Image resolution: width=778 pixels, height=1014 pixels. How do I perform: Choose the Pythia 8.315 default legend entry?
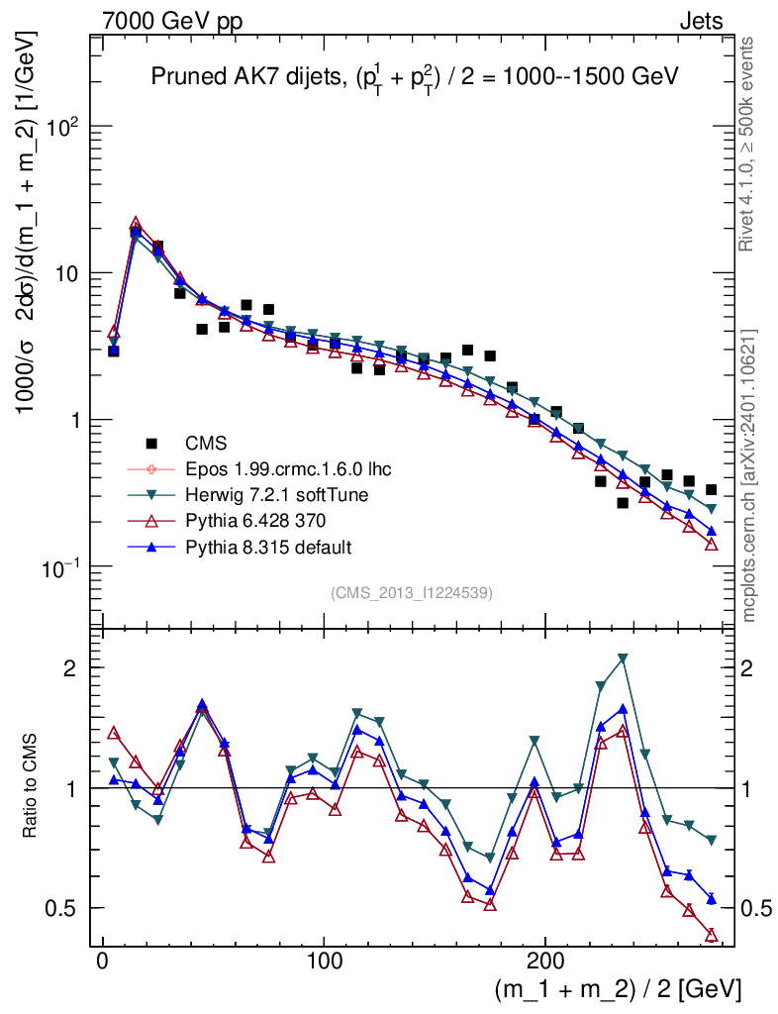260,547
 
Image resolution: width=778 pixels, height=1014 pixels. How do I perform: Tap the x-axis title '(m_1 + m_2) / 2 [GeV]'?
617,987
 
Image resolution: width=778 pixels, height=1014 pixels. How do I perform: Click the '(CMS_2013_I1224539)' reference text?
412,592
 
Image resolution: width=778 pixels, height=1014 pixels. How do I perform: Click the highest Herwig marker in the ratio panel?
623,659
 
